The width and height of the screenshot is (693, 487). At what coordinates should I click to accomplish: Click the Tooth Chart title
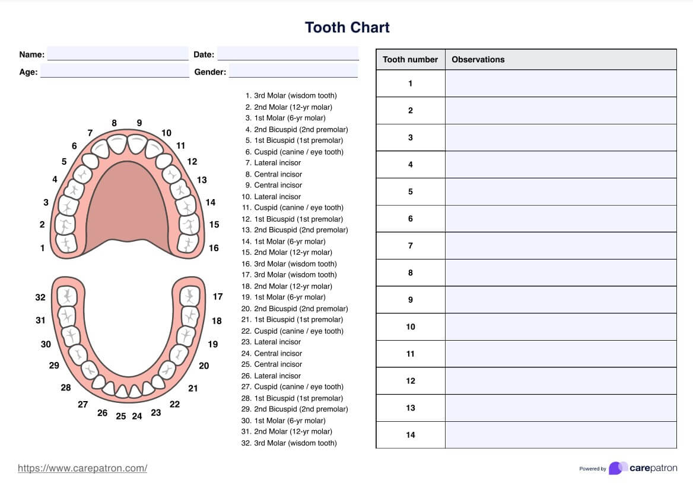pos(347,27)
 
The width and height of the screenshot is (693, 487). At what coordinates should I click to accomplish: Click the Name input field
pos(117,54)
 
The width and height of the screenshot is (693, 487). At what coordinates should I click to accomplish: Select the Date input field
pos(288,54)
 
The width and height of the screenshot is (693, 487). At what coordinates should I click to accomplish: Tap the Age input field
pos(115,72)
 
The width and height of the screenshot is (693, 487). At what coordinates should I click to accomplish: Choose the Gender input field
pos(293,72)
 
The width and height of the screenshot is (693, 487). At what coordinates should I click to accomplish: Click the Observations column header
pos(478,59)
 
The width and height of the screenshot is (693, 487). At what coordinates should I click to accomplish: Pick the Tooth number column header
pos(410,59)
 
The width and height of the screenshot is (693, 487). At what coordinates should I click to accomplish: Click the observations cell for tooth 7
pos(560,245)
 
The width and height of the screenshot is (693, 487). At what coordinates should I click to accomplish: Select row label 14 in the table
pos(410,435)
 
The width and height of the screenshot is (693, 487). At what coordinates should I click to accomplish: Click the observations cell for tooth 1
pos(560,84)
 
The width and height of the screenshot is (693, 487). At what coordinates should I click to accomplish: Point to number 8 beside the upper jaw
pos(114,123)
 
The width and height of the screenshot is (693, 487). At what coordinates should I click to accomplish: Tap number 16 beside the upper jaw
pos(214,248)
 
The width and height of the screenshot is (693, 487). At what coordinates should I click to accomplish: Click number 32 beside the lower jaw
pos(40,297)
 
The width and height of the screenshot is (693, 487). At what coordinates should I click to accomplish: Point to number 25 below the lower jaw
pos(121,416)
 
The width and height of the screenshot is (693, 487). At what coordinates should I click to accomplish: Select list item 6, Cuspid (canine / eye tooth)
pos(294,152)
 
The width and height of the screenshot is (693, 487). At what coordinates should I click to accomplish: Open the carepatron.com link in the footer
pos(82,468)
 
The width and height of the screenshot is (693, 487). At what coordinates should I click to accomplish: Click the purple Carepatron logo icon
pos(617,468)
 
